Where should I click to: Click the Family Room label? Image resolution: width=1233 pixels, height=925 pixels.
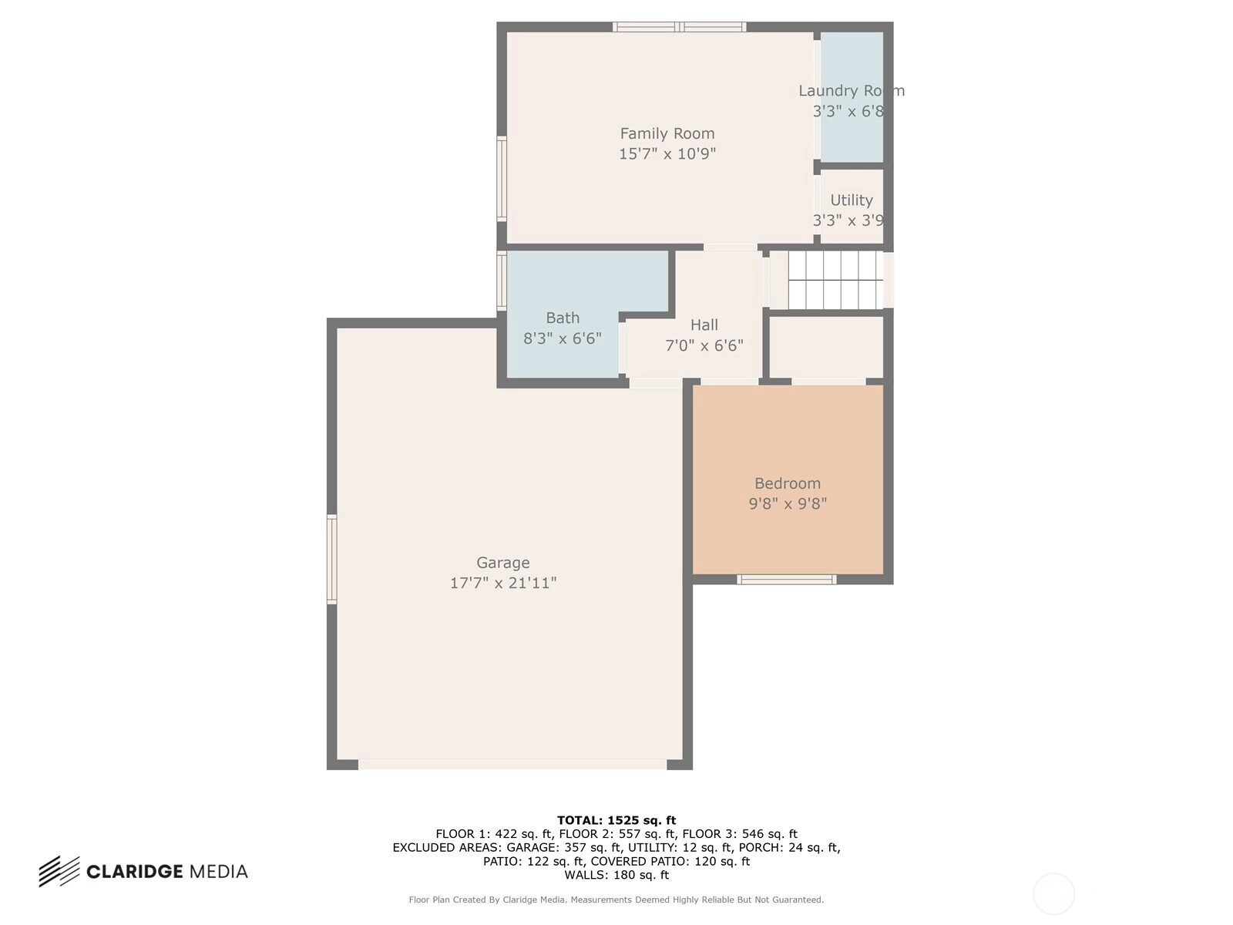click(667, 133)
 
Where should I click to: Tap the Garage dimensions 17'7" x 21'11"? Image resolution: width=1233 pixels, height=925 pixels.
click(502, 583)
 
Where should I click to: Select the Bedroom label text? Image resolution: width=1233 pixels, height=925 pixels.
click(787, 483)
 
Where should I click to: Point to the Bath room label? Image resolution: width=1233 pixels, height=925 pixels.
click(563, 318)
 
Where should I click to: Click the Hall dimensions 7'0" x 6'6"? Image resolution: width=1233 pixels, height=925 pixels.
click(704, 345)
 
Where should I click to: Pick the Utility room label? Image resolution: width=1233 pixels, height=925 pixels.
click(851, 200)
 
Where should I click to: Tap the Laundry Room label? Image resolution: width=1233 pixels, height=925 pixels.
click(851, 91)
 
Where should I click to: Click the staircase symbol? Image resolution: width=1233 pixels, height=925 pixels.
click(835, 280)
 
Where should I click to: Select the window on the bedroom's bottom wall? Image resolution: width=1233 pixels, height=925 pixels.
click(787, 580)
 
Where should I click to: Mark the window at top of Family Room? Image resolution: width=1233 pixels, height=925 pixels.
click(679, 27)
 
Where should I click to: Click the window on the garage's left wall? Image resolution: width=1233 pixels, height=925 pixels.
click(332, 560)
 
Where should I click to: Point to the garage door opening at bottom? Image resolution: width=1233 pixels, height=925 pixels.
click(512, 765)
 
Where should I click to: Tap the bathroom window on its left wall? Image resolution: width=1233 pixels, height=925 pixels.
click(502, 281)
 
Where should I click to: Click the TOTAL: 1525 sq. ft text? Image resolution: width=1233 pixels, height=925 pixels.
click(616, 820)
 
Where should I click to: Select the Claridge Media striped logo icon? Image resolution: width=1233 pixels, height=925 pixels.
click(59, 872)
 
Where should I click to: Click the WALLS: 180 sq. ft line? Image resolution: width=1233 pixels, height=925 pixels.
click(616, 875)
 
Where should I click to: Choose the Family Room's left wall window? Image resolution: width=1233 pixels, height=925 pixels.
click(502, 179)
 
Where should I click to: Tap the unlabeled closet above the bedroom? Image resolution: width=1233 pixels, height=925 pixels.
click(826, 347)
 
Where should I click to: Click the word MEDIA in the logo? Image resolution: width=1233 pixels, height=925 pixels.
click(219, 872)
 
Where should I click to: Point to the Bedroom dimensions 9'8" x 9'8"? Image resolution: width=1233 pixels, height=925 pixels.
click(788, 504)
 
